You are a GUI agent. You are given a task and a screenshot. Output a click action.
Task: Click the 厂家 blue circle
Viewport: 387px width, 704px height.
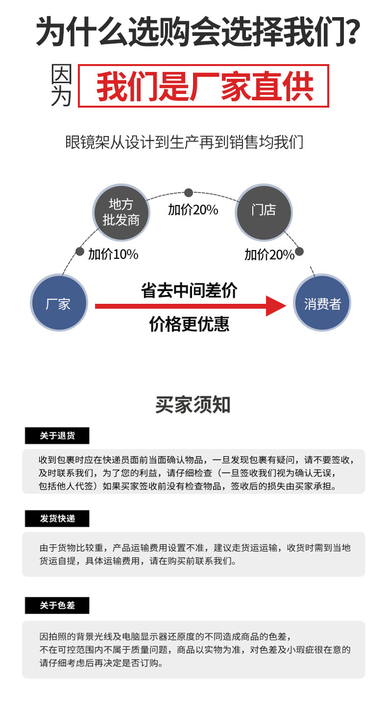59,304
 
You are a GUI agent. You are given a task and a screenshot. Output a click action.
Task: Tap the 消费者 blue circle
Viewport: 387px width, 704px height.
322,304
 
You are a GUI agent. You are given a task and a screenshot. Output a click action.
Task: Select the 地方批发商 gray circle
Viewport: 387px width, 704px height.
121,212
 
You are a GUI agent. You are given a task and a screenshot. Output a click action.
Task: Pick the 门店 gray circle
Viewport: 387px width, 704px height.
264,211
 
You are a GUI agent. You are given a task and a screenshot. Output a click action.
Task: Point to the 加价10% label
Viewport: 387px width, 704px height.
113,254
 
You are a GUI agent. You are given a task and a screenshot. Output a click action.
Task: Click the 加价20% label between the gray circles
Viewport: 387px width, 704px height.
193,210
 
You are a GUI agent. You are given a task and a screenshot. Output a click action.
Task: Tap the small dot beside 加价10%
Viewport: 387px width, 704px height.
79,251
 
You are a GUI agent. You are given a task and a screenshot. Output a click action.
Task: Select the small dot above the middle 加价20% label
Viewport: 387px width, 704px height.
189,193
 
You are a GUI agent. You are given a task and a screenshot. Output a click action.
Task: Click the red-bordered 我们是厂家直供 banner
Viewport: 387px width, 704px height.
203,86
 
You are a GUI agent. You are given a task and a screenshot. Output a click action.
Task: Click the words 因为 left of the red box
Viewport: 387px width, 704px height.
62,86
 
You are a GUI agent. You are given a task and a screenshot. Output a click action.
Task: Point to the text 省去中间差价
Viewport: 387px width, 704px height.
189,290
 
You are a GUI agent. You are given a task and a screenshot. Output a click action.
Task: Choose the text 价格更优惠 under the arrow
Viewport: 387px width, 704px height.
189,324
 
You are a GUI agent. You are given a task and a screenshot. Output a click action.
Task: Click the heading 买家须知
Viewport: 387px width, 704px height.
193,405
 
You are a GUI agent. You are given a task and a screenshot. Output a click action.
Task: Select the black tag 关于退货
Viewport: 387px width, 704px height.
57,435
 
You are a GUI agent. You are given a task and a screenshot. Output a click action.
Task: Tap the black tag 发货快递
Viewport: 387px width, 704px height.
57,519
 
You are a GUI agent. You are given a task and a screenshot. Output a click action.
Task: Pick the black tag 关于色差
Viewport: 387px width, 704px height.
57,606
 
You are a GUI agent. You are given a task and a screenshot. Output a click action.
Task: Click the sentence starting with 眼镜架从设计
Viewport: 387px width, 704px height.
184,142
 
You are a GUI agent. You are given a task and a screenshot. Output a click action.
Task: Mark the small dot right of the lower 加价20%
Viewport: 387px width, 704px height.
299,251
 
